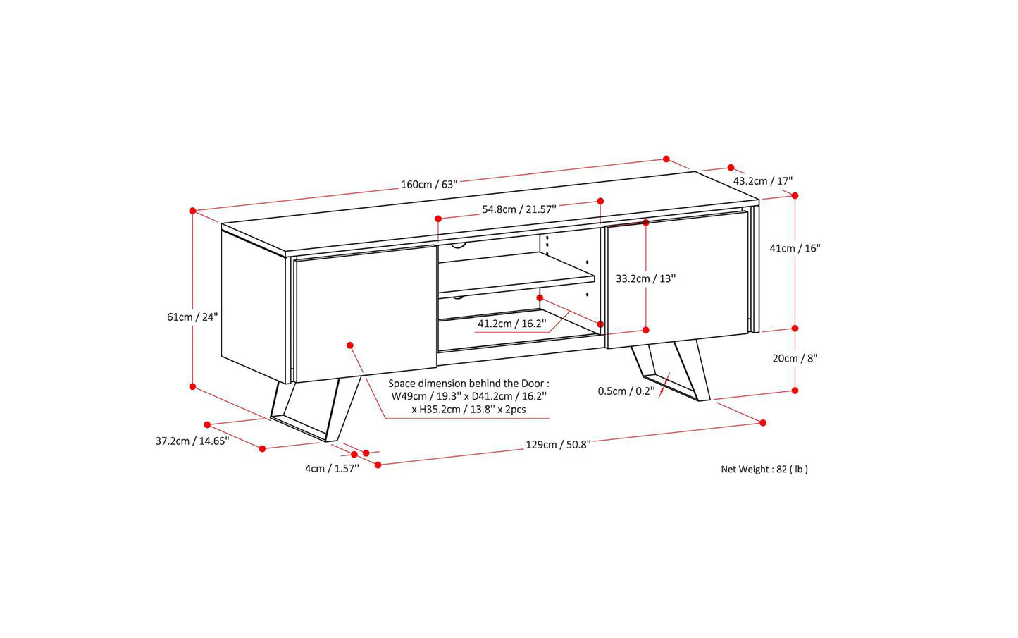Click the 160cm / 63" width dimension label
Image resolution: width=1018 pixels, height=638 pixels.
[429, 185]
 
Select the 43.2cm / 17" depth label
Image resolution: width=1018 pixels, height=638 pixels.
[762, 181]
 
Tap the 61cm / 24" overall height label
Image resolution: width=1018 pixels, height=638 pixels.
[192, 317]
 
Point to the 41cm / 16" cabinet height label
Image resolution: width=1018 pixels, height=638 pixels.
[795, 248]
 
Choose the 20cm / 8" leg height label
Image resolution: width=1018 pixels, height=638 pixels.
[795, 358]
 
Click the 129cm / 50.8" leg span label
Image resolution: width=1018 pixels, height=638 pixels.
[558, 445]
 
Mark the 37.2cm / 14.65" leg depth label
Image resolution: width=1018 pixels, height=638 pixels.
[192, 441]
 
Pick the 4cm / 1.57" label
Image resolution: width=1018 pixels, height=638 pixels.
[332, 469]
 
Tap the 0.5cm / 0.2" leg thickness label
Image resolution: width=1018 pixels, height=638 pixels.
[626, 391]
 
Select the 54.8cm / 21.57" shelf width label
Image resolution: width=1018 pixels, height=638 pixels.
[519, 209]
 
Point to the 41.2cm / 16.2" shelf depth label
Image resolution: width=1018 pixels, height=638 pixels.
[512, 324]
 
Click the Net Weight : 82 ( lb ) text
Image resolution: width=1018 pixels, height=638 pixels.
[764, 470]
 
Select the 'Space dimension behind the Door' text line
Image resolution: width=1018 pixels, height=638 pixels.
[468, 384]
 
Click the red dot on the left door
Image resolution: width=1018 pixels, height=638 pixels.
[350, 345]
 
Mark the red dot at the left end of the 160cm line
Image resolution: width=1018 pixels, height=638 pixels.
[192, 211]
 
